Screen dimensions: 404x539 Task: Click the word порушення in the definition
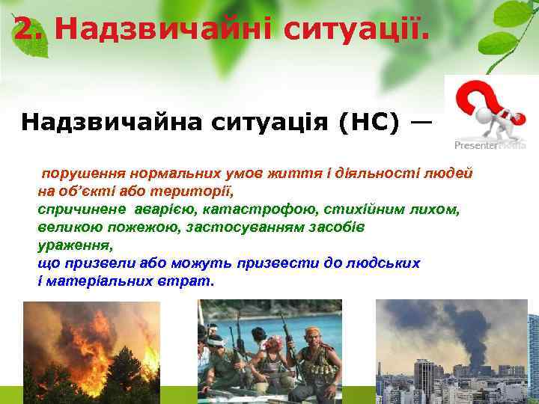coord(76,172)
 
